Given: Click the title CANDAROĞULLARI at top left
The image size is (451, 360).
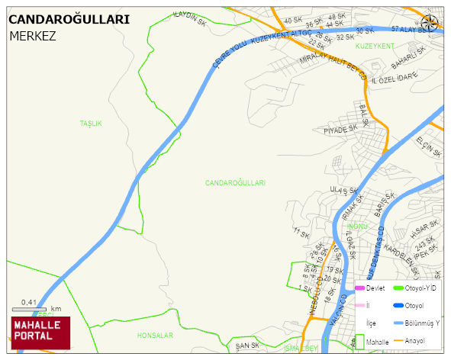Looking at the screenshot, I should pyautogui.click(x=69, y=20).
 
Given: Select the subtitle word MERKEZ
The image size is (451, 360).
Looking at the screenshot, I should pyautogui.click(x=32, y=35).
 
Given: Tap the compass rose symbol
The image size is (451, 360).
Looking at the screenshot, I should pyautogui.click(x=430, y=23).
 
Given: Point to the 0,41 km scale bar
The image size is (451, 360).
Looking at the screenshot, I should pyautogui.click(x=30, y=309).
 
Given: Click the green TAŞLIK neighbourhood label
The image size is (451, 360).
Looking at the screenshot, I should pyautogui.click(x=91, y=123).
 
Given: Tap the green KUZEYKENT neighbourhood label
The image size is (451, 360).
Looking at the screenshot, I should pyautogui.click(x=375, y=47).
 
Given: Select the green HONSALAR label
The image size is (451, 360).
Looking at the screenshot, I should pyautogui.click(x=155, y=336).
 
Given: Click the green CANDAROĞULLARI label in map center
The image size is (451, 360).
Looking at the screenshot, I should pyautogui.click(x=235, y=183).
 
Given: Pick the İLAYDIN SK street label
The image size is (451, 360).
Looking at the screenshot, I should pyautogui.click(x=190, y=19).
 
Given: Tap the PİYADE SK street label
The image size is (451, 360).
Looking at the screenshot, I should pyautogui.click(x=340, y=130).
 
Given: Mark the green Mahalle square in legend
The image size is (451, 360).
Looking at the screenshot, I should pyautogui.click(x=359, y=341).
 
